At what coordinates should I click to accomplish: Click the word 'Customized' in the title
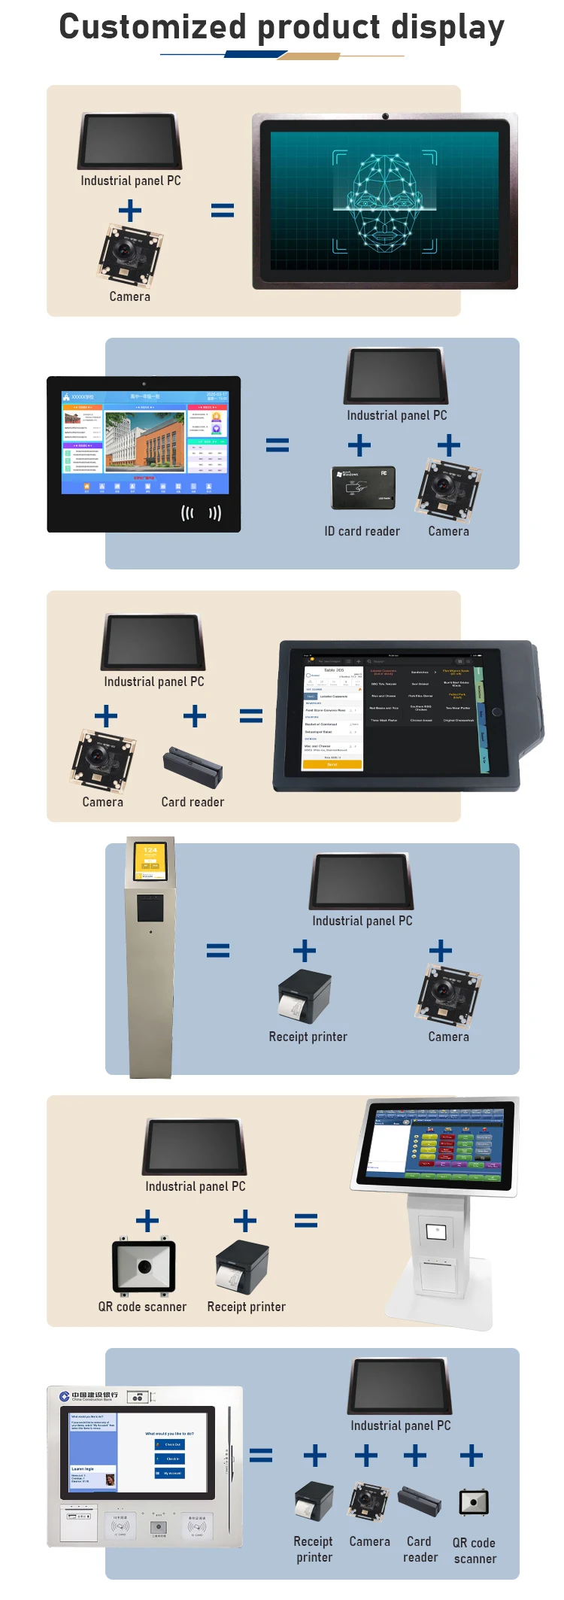153,27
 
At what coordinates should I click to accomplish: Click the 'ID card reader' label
362,531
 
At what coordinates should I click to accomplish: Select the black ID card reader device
363,487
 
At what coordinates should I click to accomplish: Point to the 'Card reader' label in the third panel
193,802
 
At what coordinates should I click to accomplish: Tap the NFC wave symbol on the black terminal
201,513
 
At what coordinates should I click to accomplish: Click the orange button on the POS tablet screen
332,764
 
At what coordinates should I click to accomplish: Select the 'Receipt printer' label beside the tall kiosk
308,1037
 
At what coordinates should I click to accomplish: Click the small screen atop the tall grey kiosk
150,861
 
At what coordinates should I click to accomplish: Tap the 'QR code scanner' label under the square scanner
142,1307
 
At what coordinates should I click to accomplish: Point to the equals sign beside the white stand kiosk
305,1220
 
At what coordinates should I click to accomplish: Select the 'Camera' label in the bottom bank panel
369,1541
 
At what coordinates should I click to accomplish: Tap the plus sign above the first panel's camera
130,211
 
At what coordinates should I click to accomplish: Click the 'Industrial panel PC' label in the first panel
131,181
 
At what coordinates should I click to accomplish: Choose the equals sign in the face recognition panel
222,211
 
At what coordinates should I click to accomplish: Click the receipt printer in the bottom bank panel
314,1502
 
